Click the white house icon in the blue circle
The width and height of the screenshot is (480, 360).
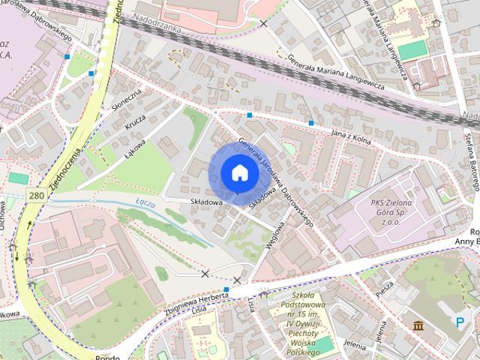point(239,172)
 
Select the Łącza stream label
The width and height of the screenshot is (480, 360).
point(145,202)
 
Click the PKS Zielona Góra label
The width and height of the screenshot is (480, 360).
point(392,212)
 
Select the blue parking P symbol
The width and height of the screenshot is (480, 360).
point(459,322)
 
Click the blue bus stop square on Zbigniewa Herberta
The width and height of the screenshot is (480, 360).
point(225,289)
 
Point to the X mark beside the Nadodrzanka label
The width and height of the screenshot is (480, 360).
point(263,24)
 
